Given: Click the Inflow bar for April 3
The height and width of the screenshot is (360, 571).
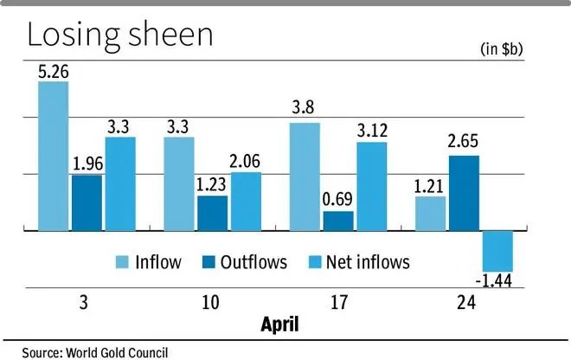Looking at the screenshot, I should tap(54, 156).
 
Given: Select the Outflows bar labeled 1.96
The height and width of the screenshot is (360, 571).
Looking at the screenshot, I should tap(87, 202).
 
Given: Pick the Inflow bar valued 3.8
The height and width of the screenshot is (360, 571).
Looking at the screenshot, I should tap(305, 177).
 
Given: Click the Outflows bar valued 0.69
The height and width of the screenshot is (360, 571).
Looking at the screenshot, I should tap(337, 221).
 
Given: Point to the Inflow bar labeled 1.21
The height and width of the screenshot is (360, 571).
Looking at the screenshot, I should tap(430, 213).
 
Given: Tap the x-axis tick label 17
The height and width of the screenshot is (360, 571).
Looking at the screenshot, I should tap(337, 305).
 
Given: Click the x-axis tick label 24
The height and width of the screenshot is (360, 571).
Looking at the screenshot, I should tap(463, 305).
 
